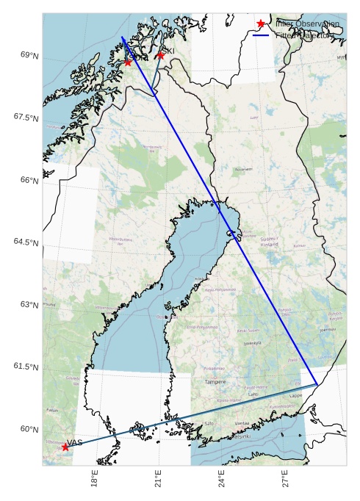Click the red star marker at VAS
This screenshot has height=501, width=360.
tap(65, 447)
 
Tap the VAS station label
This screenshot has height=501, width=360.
tap(75, 442)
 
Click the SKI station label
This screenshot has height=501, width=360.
tap(168, 51)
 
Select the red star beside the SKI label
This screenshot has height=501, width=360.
tap(160, 55)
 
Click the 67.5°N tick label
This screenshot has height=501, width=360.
tap(26, 118)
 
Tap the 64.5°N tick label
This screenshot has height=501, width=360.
tap(26, 242)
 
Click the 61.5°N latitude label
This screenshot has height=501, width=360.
tap(26, 367)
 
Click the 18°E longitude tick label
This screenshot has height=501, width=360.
tap(94, 479)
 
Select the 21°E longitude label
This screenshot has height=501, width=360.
tap(158, 479)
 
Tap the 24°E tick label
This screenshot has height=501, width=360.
tap(221, 479)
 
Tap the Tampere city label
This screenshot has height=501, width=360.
tap(216, 382)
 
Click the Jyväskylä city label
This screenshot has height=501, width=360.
tap(252, 342)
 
